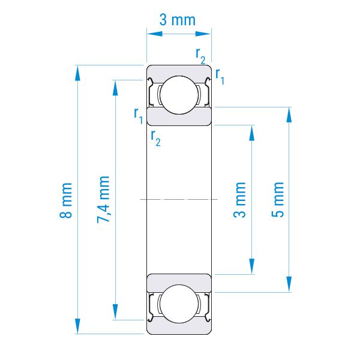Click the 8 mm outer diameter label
(x=66, y=200)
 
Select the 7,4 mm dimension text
(x=103, y=199)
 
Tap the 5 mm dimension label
(x=278, y=199)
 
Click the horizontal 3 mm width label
(x=178, y=20)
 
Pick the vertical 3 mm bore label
(x=239, y=200)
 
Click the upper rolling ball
(x=179, y=95)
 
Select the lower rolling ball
(x=179, y=304)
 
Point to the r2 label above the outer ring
(x=200, y=56)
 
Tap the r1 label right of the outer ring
(x=220, y=76)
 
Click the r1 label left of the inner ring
(x=139, y=116)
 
